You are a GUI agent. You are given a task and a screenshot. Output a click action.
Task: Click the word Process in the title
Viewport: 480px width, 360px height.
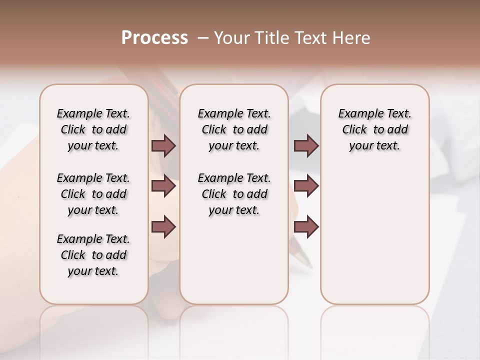[x=154, y=38]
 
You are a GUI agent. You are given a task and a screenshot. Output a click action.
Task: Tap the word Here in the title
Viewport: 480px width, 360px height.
[x=352, y=38]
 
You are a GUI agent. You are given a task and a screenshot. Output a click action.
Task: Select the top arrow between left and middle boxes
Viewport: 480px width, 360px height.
[x=163, y=145]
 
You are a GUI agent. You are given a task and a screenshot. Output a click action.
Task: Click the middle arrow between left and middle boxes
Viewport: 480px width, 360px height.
[x=163, y=186]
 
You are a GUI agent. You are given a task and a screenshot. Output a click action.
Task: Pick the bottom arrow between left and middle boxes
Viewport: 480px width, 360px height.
[x=163, y=226]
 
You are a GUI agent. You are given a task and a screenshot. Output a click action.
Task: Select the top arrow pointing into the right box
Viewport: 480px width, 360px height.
[x=306, y=145]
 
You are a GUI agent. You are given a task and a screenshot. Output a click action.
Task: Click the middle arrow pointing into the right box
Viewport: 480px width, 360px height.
[x=306, y=186]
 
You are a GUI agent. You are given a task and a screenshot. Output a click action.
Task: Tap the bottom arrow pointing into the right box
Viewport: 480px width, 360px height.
[x=306, y=226]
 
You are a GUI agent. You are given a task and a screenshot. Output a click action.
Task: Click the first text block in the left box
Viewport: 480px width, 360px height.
[x=93, y=129]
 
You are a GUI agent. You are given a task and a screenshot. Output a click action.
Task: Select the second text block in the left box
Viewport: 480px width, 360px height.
[x=93, y=194]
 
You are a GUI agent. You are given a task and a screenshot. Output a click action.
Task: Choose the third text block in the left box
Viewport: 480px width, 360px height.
[x=93, y=255]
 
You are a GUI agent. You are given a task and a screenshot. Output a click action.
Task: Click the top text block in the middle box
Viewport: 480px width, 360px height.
[x=234, y=129]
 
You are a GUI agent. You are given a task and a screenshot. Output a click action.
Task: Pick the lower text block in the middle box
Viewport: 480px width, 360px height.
[x=234, y=194]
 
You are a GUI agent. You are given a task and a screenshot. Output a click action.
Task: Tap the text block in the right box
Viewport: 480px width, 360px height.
[x=374, y=129]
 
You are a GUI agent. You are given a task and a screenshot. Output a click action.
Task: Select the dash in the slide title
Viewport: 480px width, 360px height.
[x=203, y=38]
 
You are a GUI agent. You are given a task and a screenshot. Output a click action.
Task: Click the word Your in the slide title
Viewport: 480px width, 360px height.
[x=230, y=38]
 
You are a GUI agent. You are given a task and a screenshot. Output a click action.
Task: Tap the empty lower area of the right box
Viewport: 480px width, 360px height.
[x=374, y=240]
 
